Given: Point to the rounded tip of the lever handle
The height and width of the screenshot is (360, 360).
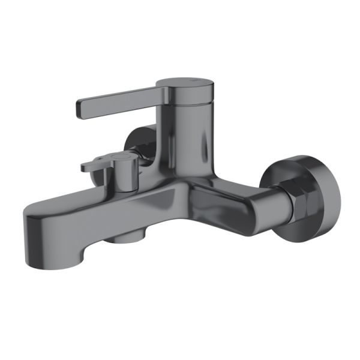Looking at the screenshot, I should [78, 109].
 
